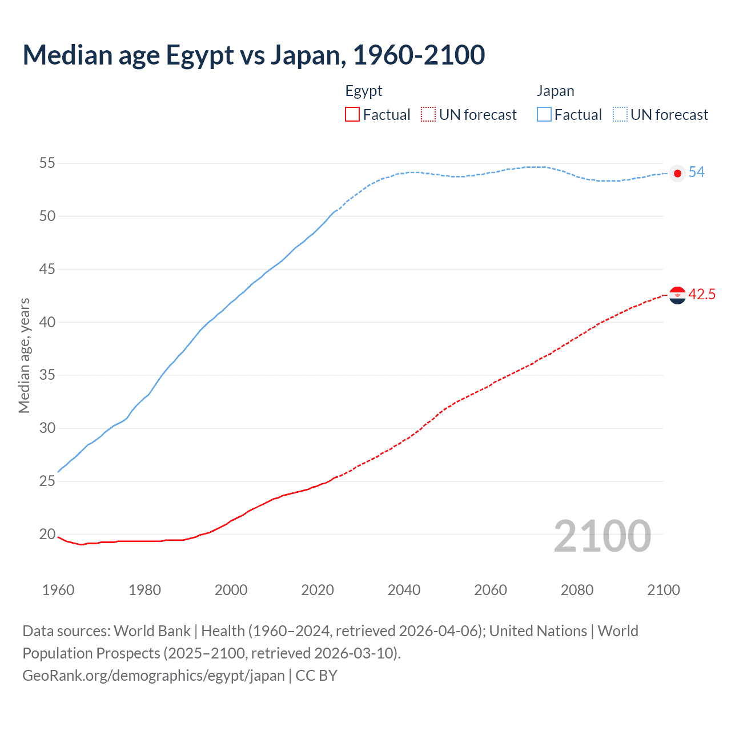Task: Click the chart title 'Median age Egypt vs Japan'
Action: pyautogui.click(x=254, y=55)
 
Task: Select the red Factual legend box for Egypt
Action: pyautogui.click(x=352, y=115)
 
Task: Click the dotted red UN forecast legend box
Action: pyautogui.click(x=428, y=115)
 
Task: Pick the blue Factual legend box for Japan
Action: pyautogui.click(x=544, y=115)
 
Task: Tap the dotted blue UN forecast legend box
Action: pyautogui.click(x=620, y=115)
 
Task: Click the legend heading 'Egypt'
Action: pyautogui.click(x=364, y=91)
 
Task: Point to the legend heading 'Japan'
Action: pyautogui.click(x=555, y=91)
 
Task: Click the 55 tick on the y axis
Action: pyautogui.click(x=47, y=163)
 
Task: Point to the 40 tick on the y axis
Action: pyautogui.click(x=47, y=322)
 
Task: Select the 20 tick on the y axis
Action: pyautogui.click(x=47, y=534)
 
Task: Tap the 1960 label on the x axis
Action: pyautogui.click(x=58, y=590)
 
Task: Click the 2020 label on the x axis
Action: pyautogui.click(x=318, y=590)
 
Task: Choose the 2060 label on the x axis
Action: pyautogui.click(x=491, y=590)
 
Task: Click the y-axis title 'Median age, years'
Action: pyautogui.click(x=24, y=355)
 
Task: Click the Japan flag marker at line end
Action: pyautogui.click(x=677, y=173)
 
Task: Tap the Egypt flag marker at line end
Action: pyautogui.click(x=677, y=295)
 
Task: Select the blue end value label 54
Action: pyautogui.click(x=696, y=172)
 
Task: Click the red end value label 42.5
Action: pyautogui.click(x=702, y=295)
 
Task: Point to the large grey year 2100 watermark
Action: pyautogui.click(x=603, y=536)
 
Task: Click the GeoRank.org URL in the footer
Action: pyautogui.click(x=153, y=676)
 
